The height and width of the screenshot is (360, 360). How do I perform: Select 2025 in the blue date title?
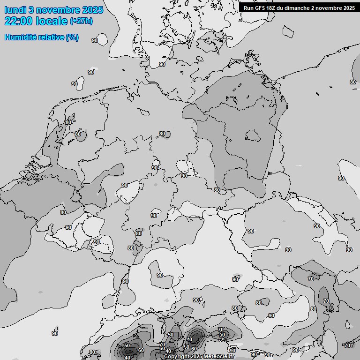click(93, 10)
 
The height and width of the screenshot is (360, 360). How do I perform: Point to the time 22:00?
click(18, 21)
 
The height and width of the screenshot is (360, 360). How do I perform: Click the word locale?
click(52, 21)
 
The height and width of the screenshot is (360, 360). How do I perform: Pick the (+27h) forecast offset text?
click(81, 21)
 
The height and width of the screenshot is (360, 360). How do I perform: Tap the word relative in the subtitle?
click(50, 37)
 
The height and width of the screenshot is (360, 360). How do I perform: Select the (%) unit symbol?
click(72, 37)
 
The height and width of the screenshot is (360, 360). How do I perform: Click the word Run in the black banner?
click(248, 8)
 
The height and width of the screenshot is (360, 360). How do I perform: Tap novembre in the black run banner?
click(328, 8)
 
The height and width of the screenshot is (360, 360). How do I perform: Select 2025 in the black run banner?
click(348, 8)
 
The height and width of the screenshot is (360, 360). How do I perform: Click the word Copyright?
click(177, 357)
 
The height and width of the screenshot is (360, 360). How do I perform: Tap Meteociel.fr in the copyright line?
click(219, 357)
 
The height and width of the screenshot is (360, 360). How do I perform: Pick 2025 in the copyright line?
click(197, 357)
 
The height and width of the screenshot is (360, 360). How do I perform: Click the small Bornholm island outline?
click(289, 31)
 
